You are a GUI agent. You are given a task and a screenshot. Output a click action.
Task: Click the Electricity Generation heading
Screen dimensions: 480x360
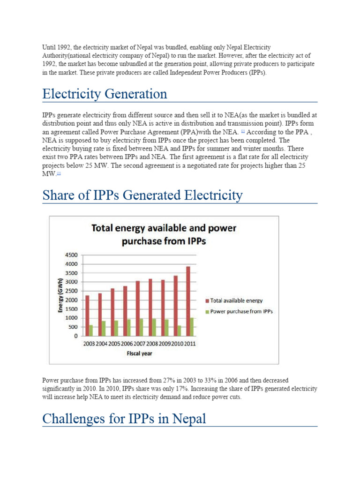[105, 94]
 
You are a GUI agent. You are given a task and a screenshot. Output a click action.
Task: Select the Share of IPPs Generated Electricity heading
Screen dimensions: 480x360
[142, 195]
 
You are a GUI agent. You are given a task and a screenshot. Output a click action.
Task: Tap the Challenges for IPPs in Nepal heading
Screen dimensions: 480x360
[124, 418]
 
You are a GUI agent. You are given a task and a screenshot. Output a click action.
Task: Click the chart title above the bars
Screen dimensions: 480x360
[164, 235]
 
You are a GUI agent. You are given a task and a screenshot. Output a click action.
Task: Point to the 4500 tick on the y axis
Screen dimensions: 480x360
[72, 255]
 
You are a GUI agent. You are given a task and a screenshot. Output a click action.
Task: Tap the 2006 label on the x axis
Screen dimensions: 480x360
[127, 344]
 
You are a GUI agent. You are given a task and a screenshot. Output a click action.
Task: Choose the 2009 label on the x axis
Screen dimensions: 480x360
[165, 344]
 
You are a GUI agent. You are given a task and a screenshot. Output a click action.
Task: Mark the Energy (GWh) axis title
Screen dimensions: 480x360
[60, 295]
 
